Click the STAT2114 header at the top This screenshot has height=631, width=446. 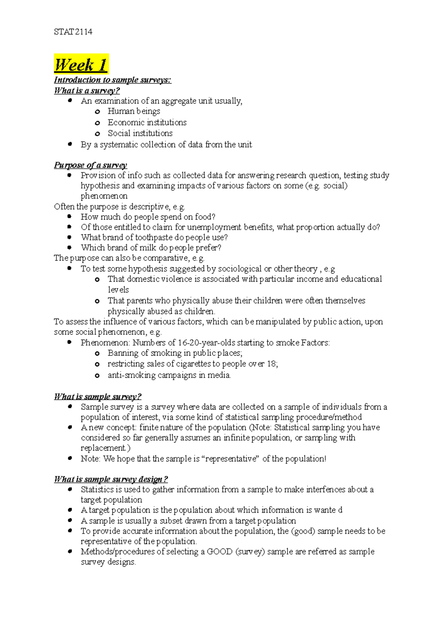(73, 32)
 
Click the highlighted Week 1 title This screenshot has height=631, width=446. (81, 65)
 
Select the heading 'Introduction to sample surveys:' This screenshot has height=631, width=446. (112, 80)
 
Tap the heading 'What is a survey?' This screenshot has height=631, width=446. (87, 91)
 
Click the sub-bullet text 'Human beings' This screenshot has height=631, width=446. (134, 111)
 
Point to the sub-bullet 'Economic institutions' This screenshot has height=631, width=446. (147, 122)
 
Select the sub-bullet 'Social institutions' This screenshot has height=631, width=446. (140, 133)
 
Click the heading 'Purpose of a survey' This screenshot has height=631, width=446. (90, 165)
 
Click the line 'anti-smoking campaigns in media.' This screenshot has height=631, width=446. (169, 375)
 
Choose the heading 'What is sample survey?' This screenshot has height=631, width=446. (97, 397)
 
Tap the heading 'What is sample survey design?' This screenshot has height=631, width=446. (111, 479)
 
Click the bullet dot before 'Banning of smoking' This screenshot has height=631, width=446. (97, 354)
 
